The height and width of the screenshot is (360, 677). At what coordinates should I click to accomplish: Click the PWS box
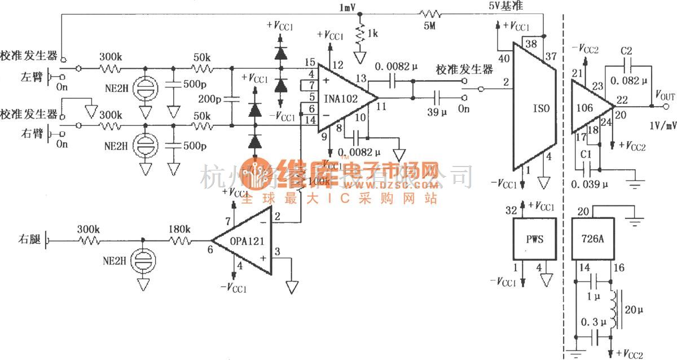pyautogui.click(x=534, y=239)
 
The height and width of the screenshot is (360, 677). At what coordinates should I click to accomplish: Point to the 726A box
pyautogui.click(x=594, y=239)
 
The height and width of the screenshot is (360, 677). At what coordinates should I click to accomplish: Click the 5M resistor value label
pyautogui.click(x=429, y=25)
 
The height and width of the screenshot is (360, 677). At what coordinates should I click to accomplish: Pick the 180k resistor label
pyautogui.click(x=179, y=229)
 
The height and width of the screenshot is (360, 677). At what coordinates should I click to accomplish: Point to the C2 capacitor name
pyautogui.click(x=626, y=51)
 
